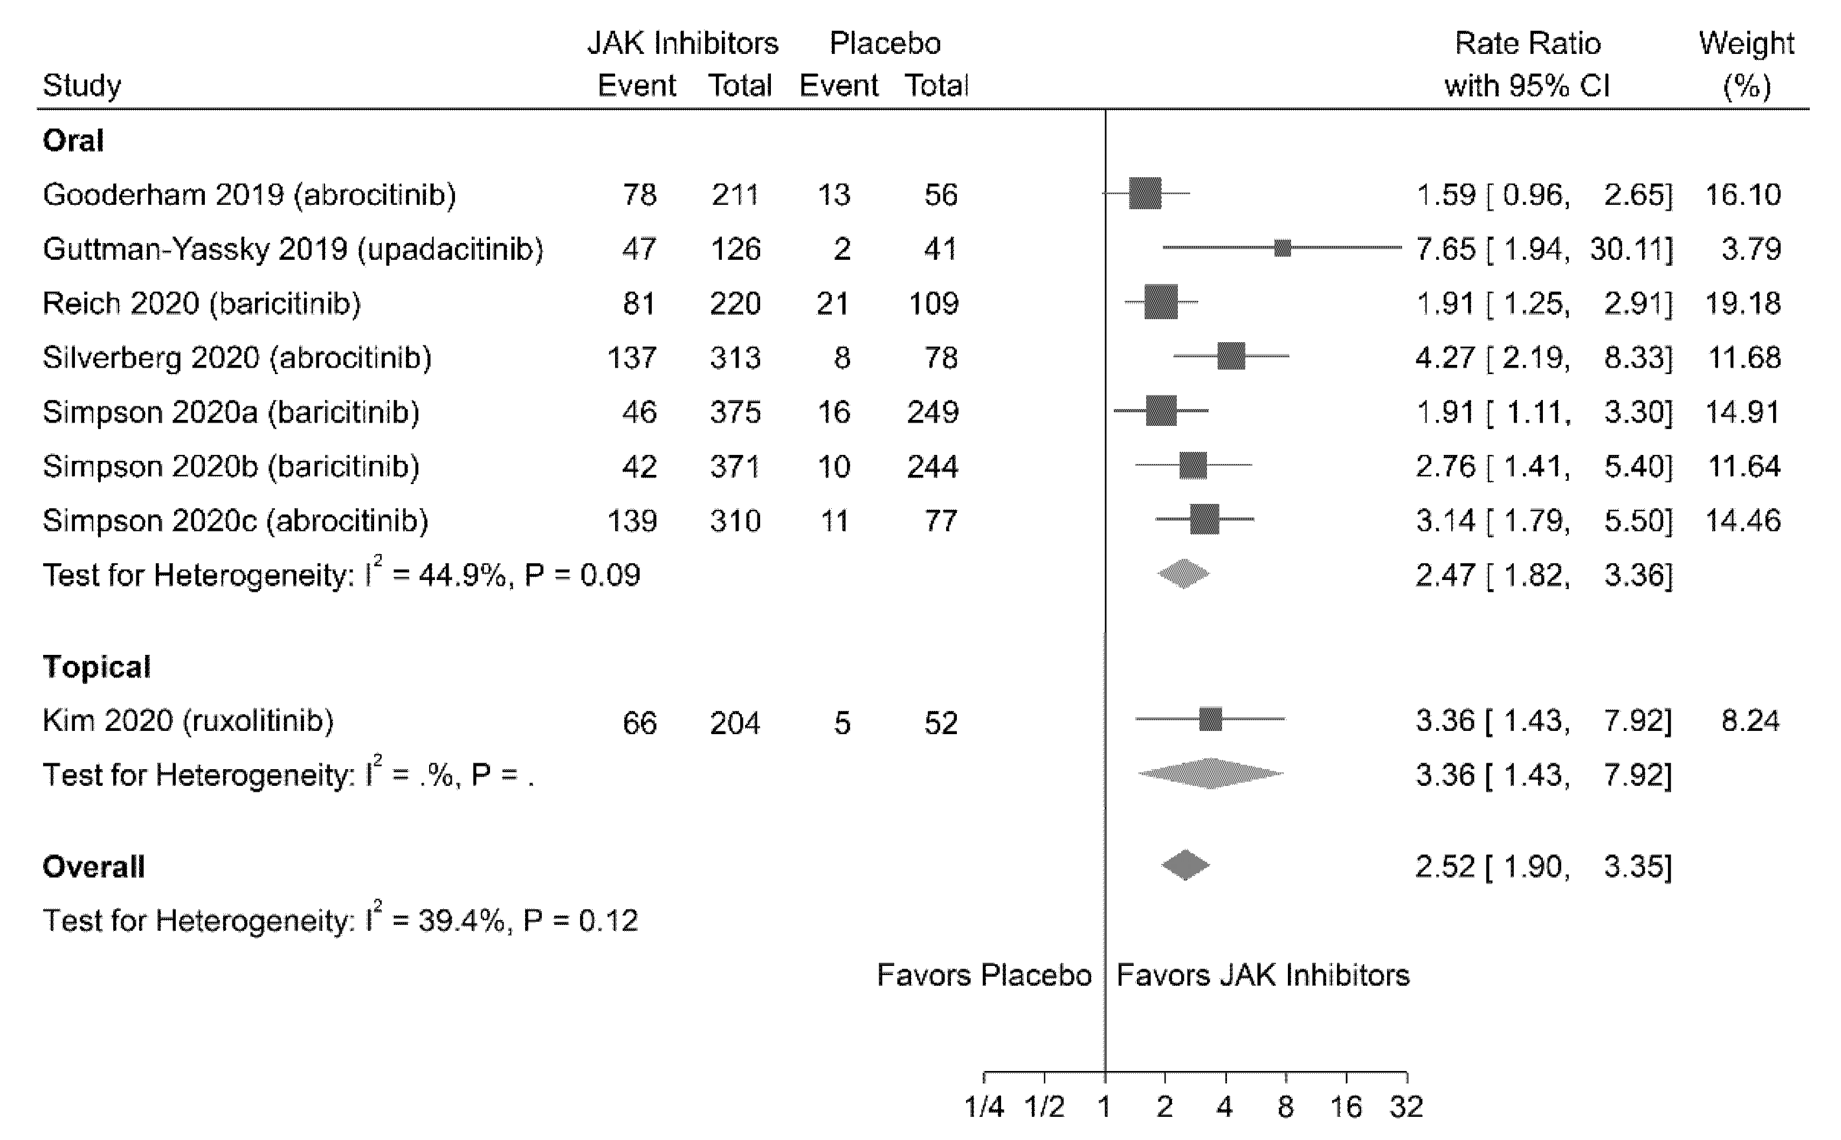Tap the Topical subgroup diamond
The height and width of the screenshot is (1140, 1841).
1211,773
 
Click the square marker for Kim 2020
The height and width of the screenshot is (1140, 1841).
1211,719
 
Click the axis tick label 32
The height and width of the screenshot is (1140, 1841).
1406,1107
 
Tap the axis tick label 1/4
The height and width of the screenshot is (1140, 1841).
984,1107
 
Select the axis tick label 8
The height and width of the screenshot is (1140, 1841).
1285,1107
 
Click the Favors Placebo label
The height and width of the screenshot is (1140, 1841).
984,976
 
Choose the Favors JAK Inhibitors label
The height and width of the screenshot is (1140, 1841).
1263,976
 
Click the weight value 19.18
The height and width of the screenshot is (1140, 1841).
1743,303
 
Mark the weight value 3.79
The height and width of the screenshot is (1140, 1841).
1750,249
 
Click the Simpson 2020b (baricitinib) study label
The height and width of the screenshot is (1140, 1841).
231,466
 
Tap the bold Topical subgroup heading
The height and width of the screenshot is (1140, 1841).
96,667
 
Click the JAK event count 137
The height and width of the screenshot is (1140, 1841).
632,357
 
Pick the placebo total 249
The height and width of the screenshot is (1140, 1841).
933,412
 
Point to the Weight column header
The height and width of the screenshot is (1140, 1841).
1746,64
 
